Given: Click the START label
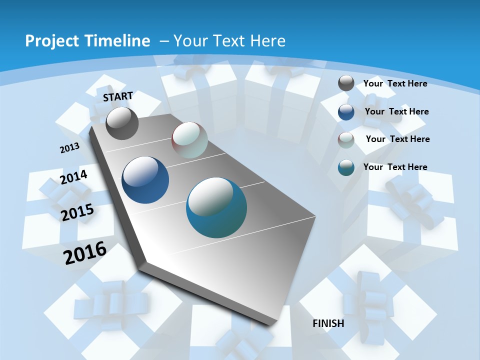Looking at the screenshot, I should pyautogui.click(x=118, y=96).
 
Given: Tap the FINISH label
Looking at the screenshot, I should pyautogui.click(x=328, y=323).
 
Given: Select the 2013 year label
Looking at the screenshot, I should pyautogui.click(x=69, y=148).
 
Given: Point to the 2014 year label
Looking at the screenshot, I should pyautogui.click(x=73, y=177).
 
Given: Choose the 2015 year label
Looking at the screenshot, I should pyautogui.click(x=77, y=212).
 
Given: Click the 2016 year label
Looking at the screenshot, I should pyautogui.click(x=85, y=252).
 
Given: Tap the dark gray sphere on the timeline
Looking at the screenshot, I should pyautogui.click(x=122, y=123).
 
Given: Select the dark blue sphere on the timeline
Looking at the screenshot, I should pyautogui.click(x=145, y=180).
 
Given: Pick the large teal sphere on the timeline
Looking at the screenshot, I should pyautogui.click(x=216, y=207).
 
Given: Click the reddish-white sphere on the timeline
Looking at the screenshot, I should pyautogui.click(x=189, y=140).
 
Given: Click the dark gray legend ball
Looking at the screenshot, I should pyautogui.click(x=346, y=83).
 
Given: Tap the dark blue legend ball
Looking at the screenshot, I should pyautogui.click(x=346, y=112).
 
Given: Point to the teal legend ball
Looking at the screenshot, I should pyautogui.click(x=346, y=167).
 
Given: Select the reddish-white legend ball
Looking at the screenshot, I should pyautogui.click(x=346, y=140).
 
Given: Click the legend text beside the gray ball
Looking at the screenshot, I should pyautogui.click(x=395, y=83).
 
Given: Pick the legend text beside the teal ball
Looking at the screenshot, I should pyautogui.click(x=395, y=167).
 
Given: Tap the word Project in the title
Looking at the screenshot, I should pyautogui.click(x=49, y=41).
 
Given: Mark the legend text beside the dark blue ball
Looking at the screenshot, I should pyautogui.click(x=396, y=111).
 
